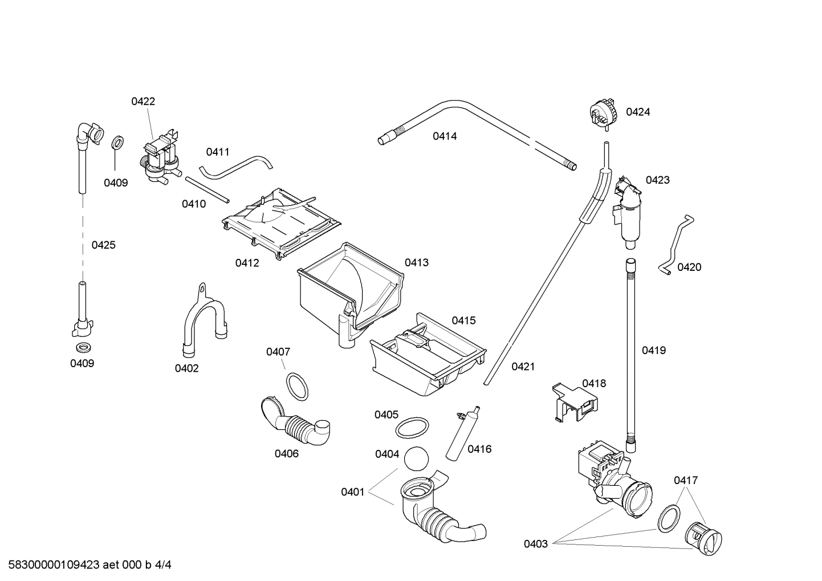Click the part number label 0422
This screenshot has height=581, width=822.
tap(143, 101)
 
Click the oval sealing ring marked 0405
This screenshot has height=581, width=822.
tap(412, 427)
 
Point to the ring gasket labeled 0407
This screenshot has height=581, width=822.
tap(296, 386)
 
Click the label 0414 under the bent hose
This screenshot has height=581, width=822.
tap(445, 136)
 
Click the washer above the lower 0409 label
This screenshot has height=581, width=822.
tap(82, 347)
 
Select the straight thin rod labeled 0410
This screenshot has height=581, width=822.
tap(207, 189)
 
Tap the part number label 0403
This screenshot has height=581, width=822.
tap(536, 544)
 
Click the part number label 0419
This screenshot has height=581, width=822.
tap(654, 351)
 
